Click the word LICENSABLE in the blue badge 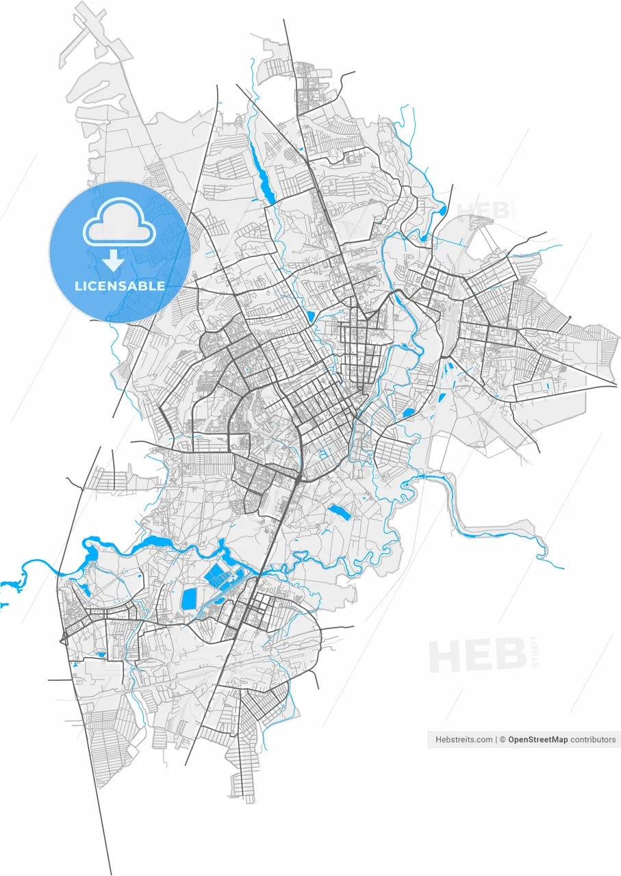tap(120, 285)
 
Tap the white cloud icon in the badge tap(120, 222)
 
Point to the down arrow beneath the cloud tap(114, 261)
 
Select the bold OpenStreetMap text tap(537, 740)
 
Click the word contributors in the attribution tap(593, 740)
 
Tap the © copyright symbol tap(502, 740)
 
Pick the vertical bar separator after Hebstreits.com tap(496, 740)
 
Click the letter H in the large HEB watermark tap(446, 655)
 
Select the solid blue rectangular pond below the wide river tap(189, 599)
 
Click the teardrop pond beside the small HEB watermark tap(442, 210)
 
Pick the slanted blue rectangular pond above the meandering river tap(339, 511)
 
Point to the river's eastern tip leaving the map tap(561, 567)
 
